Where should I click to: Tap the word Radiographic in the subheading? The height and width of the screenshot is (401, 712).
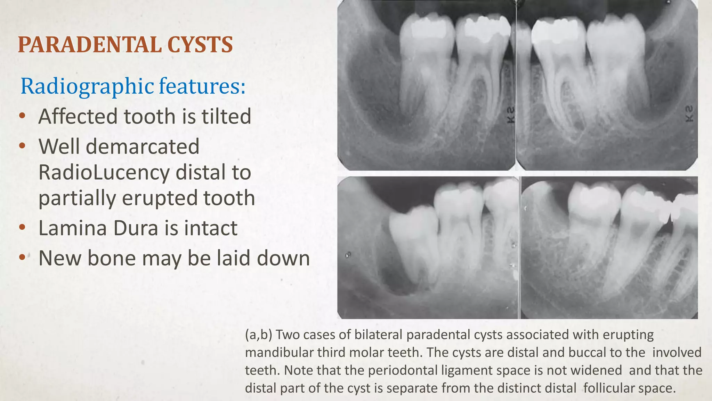point(87,86)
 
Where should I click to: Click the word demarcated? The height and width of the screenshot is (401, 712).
point(143,147)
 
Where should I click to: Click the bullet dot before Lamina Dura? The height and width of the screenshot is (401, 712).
point(22,228)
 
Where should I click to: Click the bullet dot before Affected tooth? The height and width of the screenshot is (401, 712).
point(22,116)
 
